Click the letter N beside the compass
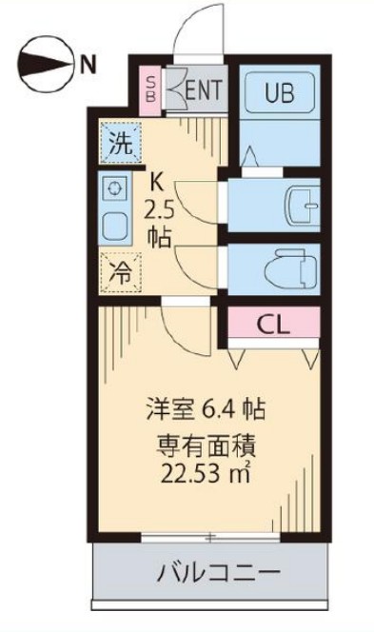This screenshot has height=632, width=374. click(x=89, y=65)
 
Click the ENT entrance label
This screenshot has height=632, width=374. click(x=204, y=89)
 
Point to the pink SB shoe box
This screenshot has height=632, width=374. click(x=150, y=89)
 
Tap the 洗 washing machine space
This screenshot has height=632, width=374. click(x=121, y=143)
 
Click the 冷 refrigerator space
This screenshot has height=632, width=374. click(x=121, y=272)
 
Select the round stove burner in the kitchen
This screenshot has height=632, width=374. click(x=115, y=188)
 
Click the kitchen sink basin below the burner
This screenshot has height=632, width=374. click(x=115, y=227)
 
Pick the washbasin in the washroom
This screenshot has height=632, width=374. click(x=303, y=205)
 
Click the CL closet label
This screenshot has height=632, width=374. click(x=274, y=325)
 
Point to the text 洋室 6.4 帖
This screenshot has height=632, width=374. click(x=206, y=409)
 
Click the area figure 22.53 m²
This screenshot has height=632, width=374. click(x=206, y=474)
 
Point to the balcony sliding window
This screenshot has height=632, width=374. click(x=210, y=537)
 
